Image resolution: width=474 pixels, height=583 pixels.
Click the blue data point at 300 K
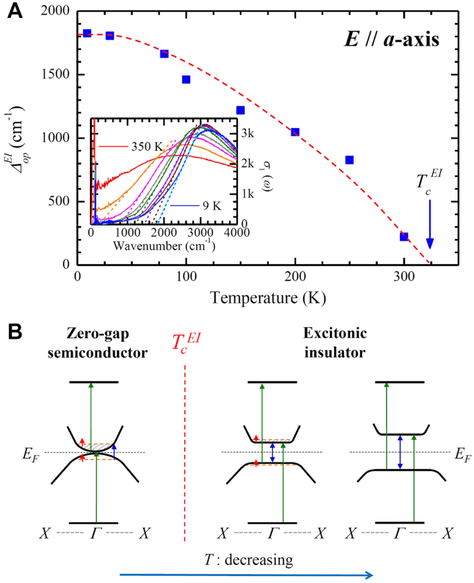(x=404, y=237)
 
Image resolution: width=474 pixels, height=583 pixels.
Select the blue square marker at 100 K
(x=186, y=80)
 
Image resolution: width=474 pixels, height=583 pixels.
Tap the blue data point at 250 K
(x=349, y=160)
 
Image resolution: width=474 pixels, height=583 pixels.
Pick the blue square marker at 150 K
(x=240, y=110)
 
